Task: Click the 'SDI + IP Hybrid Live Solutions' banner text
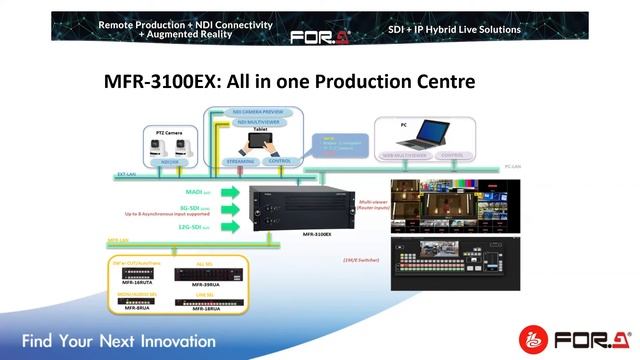455,29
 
